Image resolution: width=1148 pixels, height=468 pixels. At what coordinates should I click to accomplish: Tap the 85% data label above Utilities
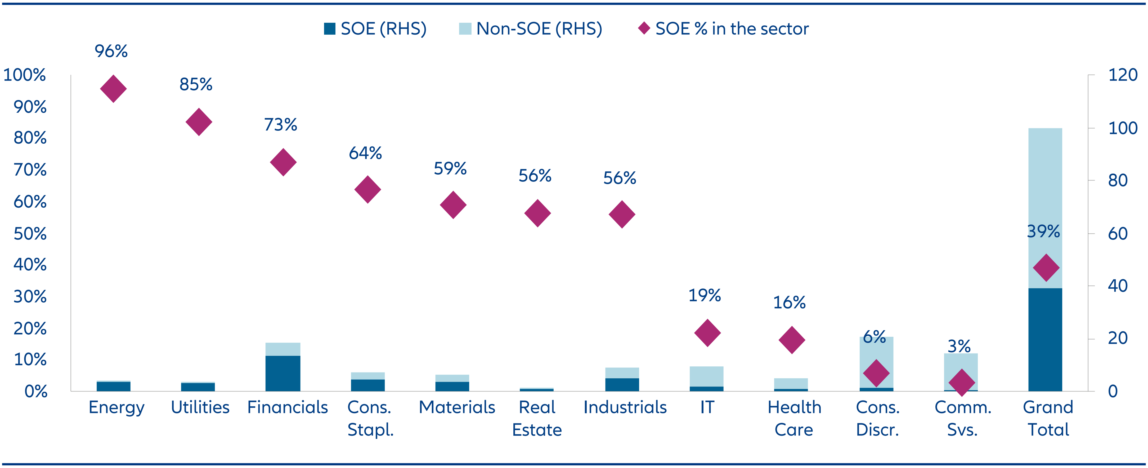coord(196,85)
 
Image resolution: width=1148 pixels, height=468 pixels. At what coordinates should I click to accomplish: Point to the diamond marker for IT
coord(707,333)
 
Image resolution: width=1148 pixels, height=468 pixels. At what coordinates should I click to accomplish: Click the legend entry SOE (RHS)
coord(375,29)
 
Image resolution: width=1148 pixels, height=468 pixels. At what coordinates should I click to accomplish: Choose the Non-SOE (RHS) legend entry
coord(531,29)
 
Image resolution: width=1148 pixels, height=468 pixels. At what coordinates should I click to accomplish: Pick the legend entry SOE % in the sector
coord(724,29)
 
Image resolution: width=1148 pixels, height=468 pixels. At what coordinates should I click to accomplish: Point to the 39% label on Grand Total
coord(1043,231)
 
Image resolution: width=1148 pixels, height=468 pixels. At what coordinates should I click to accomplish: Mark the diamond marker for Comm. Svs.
coord(962,382)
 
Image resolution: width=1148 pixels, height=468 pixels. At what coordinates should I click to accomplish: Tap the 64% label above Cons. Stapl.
coord(365,153)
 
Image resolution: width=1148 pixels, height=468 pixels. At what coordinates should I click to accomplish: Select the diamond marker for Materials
coord(453,205)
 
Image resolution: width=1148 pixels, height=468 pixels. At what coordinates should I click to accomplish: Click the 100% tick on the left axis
coord(25,75)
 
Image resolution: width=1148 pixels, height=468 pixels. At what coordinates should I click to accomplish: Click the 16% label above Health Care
coord(789,303)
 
